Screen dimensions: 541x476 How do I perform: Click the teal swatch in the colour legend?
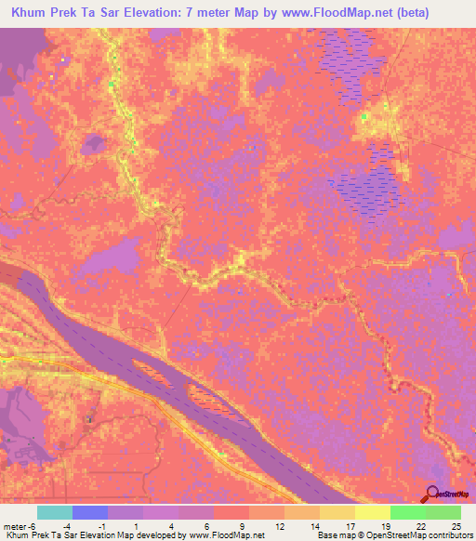coord(55,513)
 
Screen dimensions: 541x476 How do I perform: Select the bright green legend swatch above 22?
coord(408,513)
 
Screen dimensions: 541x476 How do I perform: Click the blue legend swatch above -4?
coord(90,513)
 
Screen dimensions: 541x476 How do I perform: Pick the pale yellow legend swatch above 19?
coord(373,513)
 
